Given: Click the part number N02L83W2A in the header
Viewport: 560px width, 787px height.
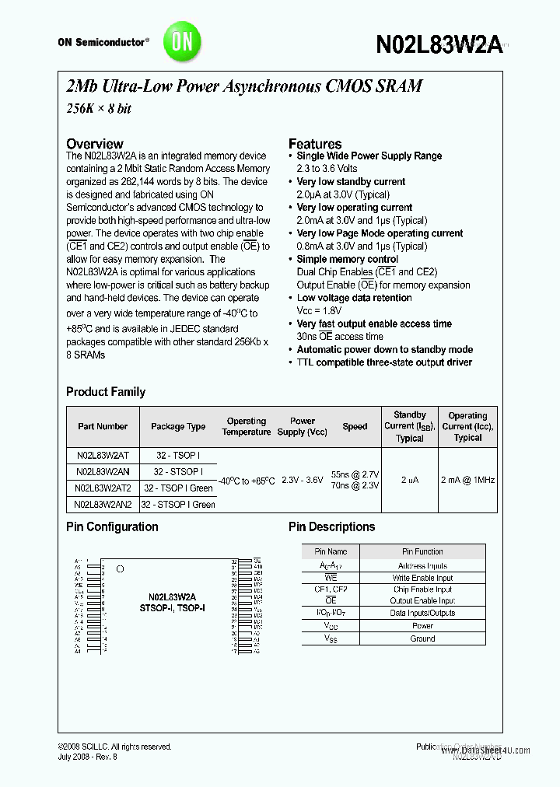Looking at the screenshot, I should [x=438, y=44].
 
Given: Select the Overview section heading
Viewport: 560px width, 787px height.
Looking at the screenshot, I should [x=94, y=144].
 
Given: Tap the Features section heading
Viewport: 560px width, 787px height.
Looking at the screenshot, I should [x=315, y=144].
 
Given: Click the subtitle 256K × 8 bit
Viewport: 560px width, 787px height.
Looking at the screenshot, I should [x=99, y=109].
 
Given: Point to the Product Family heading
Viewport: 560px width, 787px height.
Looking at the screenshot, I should [x=106, y=392].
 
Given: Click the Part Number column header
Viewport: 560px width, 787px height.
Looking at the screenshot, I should [x=103, y=426].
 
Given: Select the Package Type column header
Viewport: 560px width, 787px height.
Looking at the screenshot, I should [x=178, y=426].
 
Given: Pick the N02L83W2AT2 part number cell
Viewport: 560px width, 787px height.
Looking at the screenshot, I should [x=103, y=488].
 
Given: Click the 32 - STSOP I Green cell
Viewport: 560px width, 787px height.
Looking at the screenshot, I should [x=178, y=505].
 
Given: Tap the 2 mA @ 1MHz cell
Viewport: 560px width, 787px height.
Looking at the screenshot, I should [x=467, y=480].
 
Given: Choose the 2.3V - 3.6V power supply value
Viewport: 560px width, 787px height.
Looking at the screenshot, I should [x=302, y=480].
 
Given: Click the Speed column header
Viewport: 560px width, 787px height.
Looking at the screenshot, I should [x=355, y=426].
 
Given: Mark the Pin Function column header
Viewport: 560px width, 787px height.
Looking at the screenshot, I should [x=422, y=551].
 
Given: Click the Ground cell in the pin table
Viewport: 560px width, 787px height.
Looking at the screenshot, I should [x=422, y=638].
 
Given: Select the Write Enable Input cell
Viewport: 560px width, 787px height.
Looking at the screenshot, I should [x=422, y=578].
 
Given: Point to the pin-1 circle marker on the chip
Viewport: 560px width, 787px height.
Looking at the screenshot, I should [x=120, y=569].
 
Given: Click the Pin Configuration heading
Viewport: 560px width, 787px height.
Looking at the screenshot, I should [x=112, y=526].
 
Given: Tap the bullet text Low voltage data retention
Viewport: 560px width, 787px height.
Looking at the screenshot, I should [x=354, y=298].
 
